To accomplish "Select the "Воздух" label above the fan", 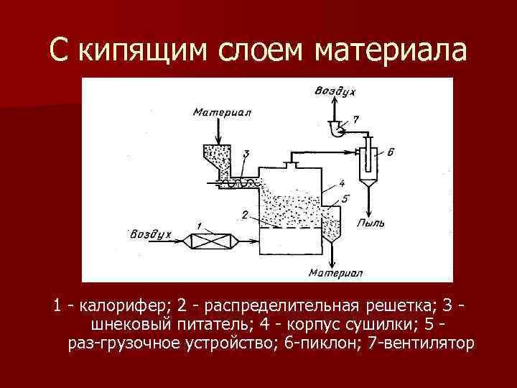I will [x=335, y=90].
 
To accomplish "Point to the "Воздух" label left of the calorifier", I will [x=151, y=235].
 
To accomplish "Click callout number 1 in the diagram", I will [x=199, y=227].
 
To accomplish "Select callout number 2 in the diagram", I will [x=245, y=214].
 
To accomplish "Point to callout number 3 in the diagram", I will [x=246, y=154].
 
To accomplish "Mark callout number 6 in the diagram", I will [x=389, y=152].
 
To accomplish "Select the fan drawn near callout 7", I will [x=335, y=129].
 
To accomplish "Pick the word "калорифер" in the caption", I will [x=110, y=306].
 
